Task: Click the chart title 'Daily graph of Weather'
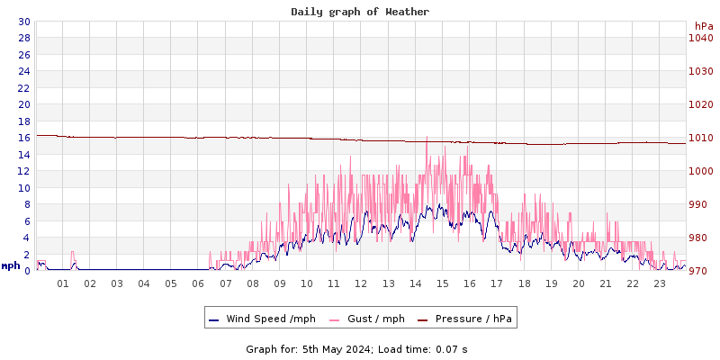(360, 12)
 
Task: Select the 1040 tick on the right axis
(700, 38)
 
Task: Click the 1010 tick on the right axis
(700, 138)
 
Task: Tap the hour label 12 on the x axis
(361, 283)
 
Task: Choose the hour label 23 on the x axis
(660, 283)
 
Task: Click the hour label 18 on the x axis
(524, 283)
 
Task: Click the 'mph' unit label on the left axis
(11, 266)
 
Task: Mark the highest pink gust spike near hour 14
(427, 137)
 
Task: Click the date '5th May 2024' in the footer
(328, 348)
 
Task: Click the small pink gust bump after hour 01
(73, 253)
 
